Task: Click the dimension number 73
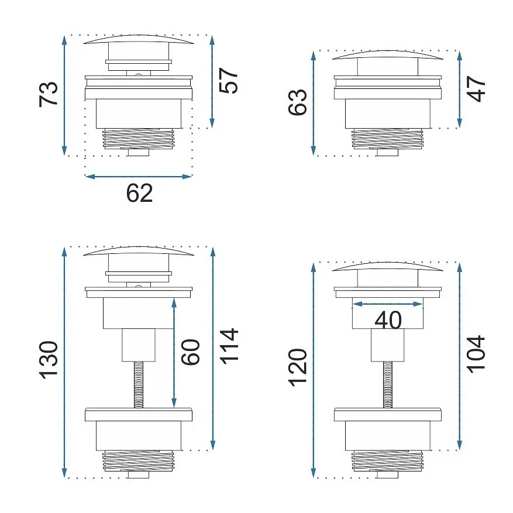click(48, 94)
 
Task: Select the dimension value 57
click(228, 81)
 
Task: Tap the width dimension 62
click(139, 193)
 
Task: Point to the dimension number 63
click(297, 102)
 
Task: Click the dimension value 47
click(476, 89)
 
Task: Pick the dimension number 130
click(49, 360)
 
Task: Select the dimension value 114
click(229, 346)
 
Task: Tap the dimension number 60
click(191, 352)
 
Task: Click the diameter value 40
click(388, 320)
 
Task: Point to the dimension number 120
click(298, 368)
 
